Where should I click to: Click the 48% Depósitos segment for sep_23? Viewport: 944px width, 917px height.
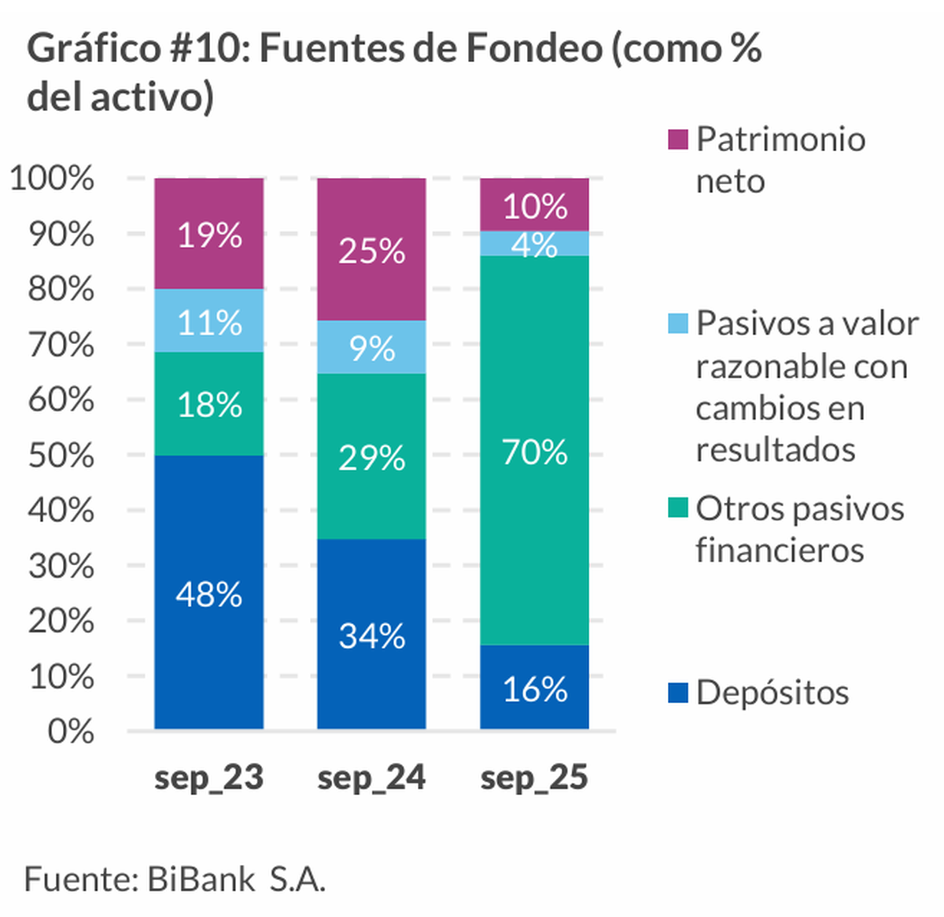(208, 592)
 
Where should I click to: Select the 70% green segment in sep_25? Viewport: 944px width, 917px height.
(534, 450)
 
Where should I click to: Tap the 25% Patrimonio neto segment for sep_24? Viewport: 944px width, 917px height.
(371, 250)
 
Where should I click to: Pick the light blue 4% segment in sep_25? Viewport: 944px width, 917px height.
(534, 244)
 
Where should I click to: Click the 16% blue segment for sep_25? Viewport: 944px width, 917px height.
(534, 687)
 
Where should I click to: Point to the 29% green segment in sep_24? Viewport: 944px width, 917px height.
(371, 457)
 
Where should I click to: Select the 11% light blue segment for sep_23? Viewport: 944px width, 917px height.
(208, 321)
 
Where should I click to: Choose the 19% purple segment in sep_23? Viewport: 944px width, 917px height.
(208, 234)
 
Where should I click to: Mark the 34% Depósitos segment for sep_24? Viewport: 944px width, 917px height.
(371, 634)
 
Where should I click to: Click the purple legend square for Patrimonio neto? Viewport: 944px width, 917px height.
(677, 140)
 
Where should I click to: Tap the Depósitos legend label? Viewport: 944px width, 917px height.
(772, 693)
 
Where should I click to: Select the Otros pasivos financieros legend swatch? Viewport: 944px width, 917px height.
(677, 508)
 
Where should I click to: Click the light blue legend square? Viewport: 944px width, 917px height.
(677, 324)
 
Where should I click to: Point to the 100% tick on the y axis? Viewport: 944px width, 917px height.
(52, 179)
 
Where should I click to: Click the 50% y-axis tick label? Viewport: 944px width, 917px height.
(61, 456)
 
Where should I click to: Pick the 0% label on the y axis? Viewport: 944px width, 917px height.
(70, 731)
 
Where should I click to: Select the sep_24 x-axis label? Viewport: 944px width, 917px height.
(371, 778)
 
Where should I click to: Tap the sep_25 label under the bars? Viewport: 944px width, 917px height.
(534, 778)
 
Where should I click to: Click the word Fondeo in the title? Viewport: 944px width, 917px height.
(534, 49)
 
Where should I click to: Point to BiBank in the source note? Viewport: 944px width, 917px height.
(201, 878)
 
